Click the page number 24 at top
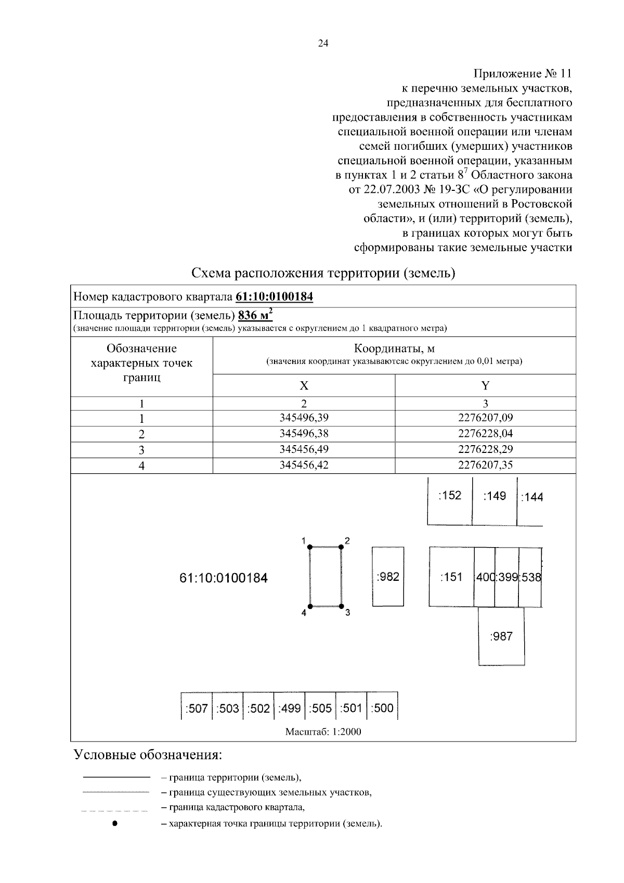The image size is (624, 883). [x=323, y=44]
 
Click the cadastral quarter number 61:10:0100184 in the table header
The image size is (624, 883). [x=274, y=297]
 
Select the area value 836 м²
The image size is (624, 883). [x=255, y=316]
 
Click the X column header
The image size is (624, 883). [x=304, y=386]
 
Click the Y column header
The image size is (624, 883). [x=485, y=386]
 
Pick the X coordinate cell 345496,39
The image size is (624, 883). [x=304, y=418]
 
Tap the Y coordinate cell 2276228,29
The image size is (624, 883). [x=485, y=449]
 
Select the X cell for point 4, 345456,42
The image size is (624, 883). [x=304, y=465]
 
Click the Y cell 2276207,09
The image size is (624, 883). [x=485, y=418]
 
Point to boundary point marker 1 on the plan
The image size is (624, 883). [x=310, y=547]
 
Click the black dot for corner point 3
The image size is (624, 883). [x=342, y=606]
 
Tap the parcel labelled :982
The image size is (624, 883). [x=388, y=576]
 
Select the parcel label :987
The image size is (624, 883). [x=501, y=636]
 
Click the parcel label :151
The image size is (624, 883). [x=451, y=577]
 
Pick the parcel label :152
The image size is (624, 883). [x=450, y=495]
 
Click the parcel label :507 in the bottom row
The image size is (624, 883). [x=197, y=708]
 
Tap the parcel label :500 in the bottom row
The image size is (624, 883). [x=382, y=708]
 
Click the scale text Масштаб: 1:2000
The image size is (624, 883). [x=323, y=732]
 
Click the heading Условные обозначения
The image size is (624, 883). [x=148, y=755]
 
